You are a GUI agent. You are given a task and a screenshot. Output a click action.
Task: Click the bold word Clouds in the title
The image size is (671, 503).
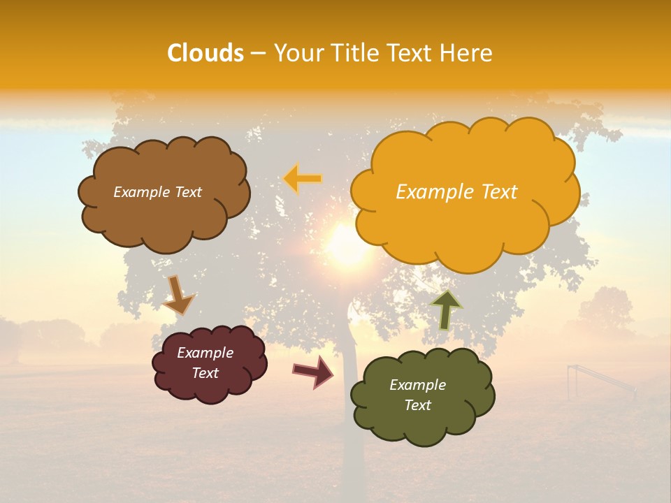[x=205, y=53]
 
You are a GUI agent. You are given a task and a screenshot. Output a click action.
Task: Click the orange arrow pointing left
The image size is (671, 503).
[x=303, y=179]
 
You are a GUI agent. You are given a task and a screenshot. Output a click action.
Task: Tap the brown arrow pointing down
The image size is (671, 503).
[x=178, y=296]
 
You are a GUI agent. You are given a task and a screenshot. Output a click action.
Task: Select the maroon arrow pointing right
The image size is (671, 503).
[x=313, y=371]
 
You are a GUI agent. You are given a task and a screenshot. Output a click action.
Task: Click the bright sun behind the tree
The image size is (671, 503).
[x=347, y=245]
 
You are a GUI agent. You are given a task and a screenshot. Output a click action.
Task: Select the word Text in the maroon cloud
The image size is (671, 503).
[x=205, y=373]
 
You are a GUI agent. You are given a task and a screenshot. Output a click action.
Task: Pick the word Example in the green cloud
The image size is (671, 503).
[x=417, y=385]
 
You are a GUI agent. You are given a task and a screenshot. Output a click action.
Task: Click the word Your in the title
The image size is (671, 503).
[x=294, y=53]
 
